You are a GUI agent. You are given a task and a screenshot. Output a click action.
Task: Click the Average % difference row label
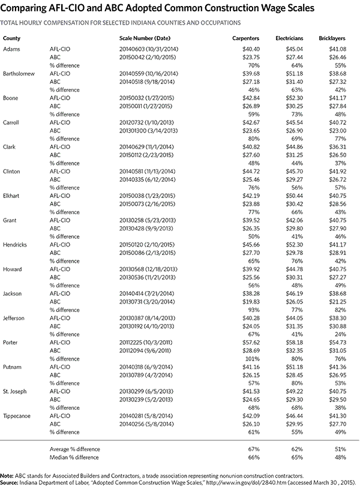(74, 449)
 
